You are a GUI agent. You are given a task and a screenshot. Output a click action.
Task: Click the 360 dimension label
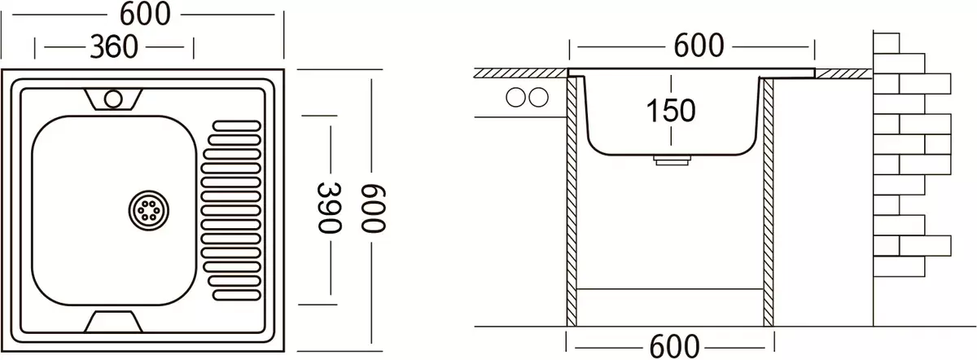pyautogui.click(x=114, y=46)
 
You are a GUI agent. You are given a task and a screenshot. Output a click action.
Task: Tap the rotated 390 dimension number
pyautogui.click(x=328, y=208)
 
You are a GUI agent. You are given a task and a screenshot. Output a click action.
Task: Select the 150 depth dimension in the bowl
pyautogui.click(x=670, y=111)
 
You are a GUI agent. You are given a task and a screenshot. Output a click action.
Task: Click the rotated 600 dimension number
pyautogui.click(x=374, y=208)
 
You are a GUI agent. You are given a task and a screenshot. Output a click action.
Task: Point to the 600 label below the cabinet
pyautogui.click(x=674, y=346)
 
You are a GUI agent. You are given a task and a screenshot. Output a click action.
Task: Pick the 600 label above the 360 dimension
pyautogui.click(x=145, y=14)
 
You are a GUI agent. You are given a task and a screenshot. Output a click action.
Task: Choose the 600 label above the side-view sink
pyautogui.click(x=699, y=46)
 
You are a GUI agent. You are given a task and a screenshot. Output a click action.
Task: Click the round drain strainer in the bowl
pyautogui.click(x=149, y=210)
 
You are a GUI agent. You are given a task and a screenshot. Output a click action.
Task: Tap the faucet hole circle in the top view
pyautogui.click(x=113, y=99)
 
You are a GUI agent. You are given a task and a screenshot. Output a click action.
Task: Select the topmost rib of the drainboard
pyautogui.click(x=237, y=126)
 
